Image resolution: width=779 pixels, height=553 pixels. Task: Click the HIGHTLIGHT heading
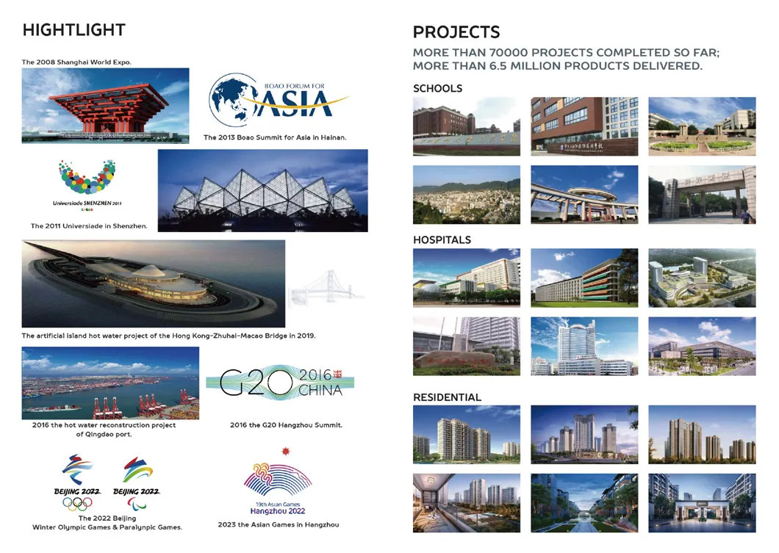(x=73, y=30)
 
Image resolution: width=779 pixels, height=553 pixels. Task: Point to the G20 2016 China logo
(x=279, y=382)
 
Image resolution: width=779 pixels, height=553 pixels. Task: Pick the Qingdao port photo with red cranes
(x=110, y=383)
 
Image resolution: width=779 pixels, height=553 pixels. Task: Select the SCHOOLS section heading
(x=437, y=88)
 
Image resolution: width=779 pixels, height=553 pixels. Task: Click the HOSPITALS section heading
(x=442, y=239)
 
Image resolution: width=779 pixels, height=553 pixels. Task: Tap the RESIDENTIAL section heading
(x=447, y=397)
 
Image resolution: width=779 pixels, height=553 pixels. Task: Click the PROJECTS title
(x=456, y=32)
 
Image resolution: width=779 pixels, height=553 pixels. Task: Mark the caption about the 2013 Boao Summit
(x=274, y=137)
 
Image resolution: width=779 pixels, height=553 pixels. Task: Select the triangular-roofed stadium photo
(x=262, y=191)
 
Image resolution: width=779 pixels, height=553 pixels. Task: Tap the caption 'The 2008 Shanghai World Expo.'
(x=76, y=62)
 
